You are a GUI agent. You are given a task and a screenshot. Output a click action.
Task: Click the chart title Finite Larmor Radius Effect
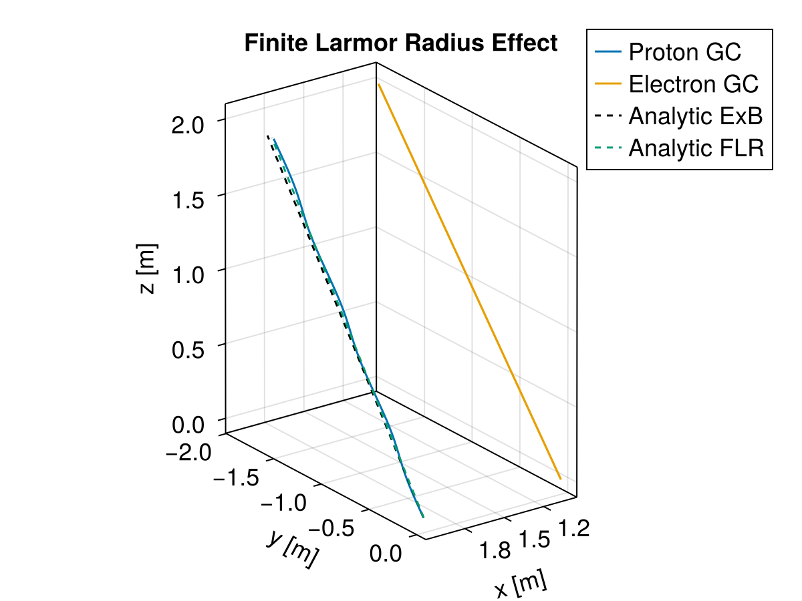[x=400, y=43]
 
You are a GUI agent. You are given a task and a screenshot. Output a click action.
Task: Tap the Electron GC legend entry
[x=693, y=84]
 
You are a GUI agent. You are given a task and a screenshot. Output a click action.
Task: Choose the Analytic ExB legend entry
[x=695, y=116]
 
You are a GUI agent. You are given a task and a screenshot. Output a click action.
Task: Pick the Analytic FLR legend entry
[x=695, y=148]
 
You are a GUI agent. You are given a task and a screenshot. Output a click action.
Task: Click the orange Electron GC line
[x=468, y=280]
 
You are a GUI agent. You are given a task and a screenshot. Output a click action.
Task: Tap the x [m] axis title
[x=521, y=585]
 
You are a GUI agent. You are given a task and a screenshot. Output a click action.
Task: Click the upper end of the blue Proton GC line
[x=274, y=139]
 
